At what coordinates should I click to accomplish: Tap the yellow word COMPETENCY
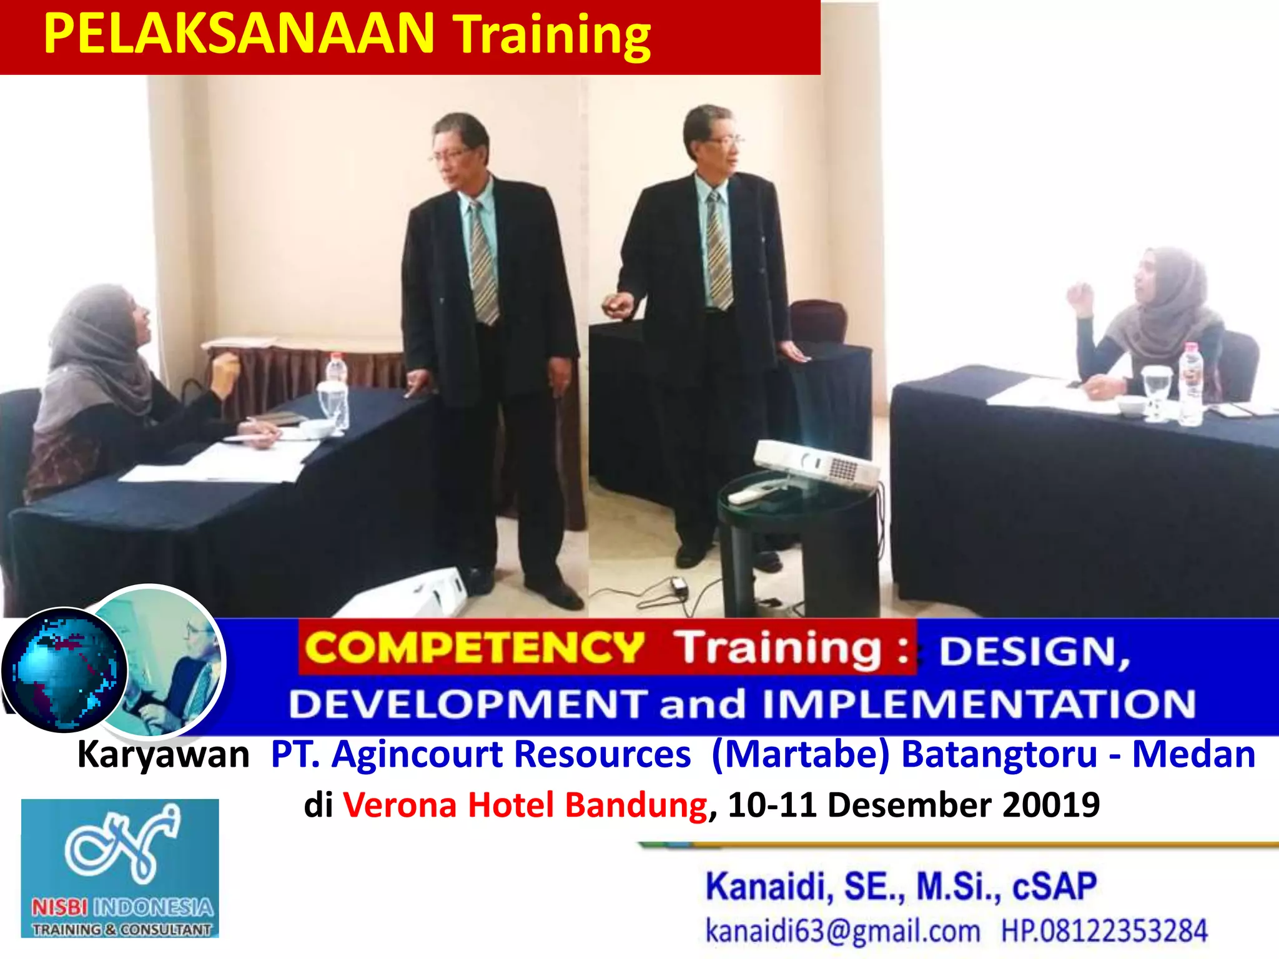point(475,647)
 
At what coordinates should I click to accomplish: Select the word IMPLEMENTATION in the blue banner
point(979,704)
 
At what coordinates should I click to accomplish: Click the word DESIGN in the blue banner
point(1034,652)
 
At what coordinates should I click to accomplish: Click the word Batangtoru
point(999,754)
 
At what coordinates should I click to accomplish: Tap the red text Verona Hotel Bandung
point(525,804)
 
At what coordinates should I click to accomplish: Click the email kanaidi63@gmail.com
point(842,930)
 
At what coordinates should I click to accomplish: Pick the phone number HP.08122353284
point(1104,930)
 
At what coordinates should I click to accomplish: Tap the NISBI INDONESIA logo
point(120,868)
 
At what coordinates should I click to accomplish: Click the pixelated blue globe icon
point(64,670)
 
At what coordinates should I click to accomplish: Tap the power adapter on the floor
point(678,585)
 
